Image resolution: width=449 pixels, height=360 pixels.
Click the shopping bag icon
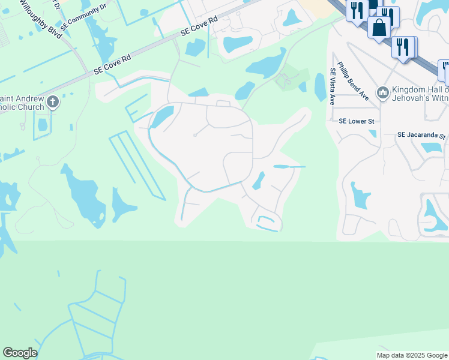379,28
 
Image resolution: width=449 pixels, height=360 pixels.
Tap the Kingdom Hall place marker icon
382,93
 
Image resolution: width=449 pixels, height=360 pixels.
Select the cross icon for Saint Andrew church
53,102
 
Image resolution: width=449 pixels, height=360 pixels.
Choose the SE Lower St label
356,121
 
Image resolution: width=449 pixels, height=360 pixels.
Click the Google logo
20,353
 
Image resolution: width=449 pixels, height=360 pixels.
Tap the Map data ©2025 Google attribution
411,355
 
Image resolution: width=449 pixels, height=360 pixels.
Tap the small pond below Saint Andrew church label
43,125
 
